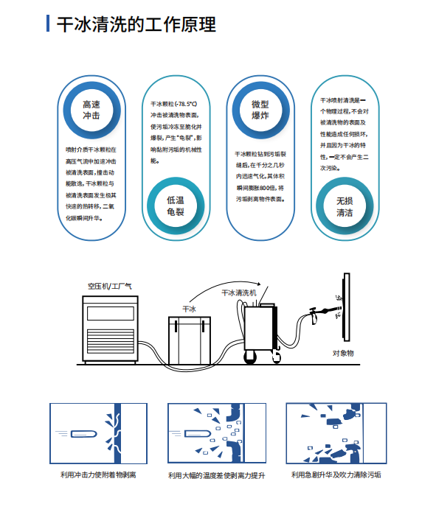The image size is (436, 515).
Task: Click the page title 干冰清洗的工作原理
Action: coord(136,24)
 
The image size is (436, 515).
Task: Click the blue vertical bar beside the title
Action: coord(48,24)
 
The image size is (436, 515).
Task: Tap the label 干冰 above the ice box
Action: coord(190,309)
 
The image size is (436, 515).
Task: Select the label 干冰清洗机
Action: coord(240,292)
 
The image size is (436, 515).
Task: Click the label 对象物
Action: coord(343,354)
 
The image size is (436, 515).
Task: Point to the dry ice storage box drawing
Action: coord(190,338)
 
